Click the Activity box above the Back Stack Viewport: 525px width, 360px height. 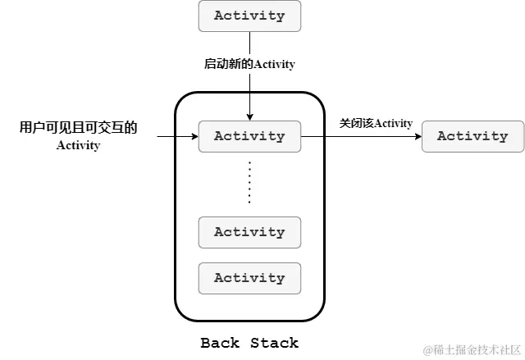tap(249, 16)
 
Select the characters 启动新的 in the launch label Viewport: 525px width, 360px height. tap(224, 64)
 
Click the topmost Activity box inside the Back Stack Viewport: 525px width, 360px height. tap(249, 136)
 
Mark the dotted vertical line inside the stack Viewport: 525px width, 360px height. tap(249, 182)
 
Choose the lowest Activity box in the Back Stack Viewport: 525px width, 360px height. tap(249, 278)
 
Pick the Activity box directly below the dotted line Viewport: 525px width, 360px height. tap(249, 232)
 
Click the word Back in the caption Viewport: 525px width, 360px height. tap(221, 342)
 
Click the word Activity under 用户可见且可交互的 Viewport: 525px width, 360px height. tap(78, 146)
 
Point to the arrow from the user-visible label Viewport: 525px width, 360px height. tap(176, 136)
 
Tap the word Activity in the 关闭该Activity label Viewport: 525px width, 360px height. tap(393, 123)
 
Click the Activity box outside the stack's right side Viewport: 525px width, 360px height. tap(472, 136)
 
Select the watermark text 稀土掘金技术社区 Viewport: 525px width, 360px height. tap(477, 350)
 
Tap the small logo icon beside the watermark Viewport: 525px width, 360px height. tap(427, 350)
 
